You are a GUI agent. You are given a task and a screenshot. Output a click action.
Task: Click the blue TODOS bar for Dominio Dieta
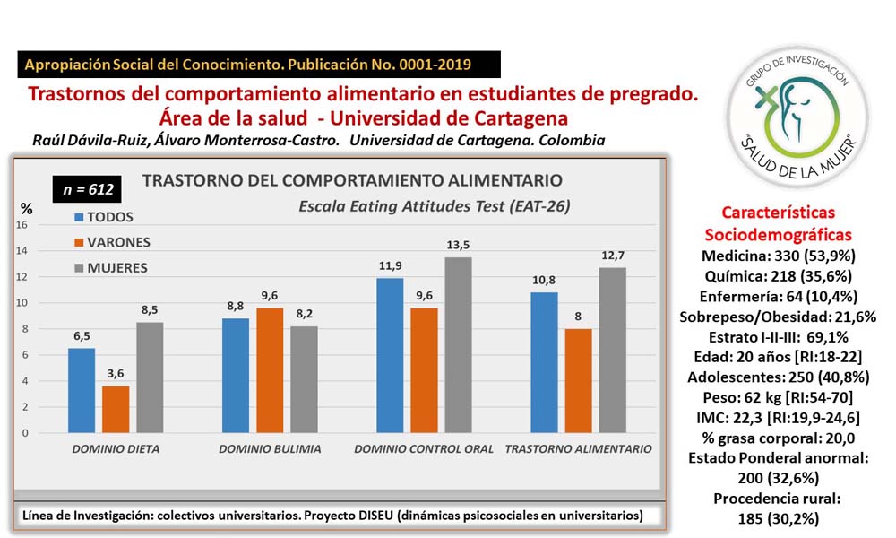82,391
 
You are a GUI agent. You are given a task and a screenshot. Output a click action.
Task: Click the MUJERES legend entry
111,267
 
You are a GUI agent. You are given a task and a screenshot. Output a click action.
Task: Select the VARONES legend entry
111,242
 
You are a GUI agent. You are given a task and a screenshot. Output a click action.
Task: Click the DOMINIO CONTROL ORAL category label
424,448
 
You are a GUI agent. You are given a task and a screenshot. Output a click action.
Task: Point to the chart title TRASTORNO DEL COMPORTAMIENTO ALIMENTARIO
352,180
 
